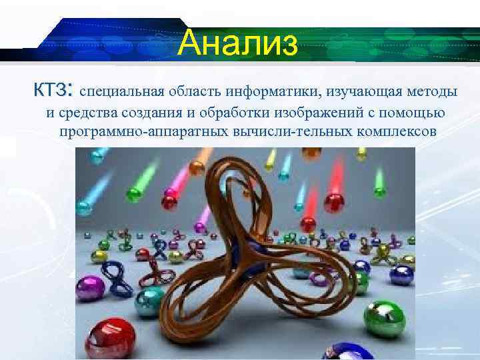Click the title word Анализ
pyautogui.click(x=239, y=43)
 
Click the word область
pyautogui.click(x=197, y=91)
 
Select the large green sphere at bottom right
pyautogui.click(x=385, y=318)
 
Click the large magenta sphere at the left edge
pyautogui.click(x=89, y=287)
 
